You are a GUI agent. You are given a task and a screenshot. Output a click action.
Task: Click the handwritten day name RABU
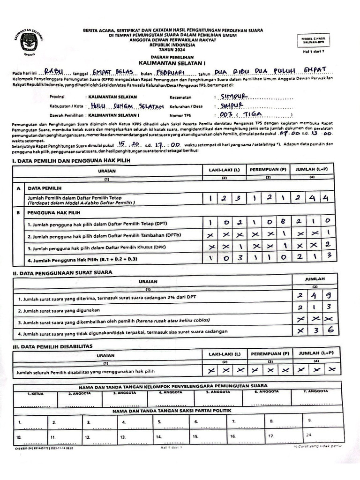pos(52,72)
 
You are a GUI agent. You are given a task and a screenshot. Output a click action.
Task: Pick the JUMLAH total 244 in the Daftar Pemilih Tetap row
pos(313,199)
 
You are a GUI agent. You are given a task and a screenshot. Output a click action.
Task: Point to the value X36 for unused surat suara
pos(314,331)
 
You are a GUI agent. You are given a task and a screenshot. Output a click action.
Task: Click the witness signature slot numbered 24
pos(308,435)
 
